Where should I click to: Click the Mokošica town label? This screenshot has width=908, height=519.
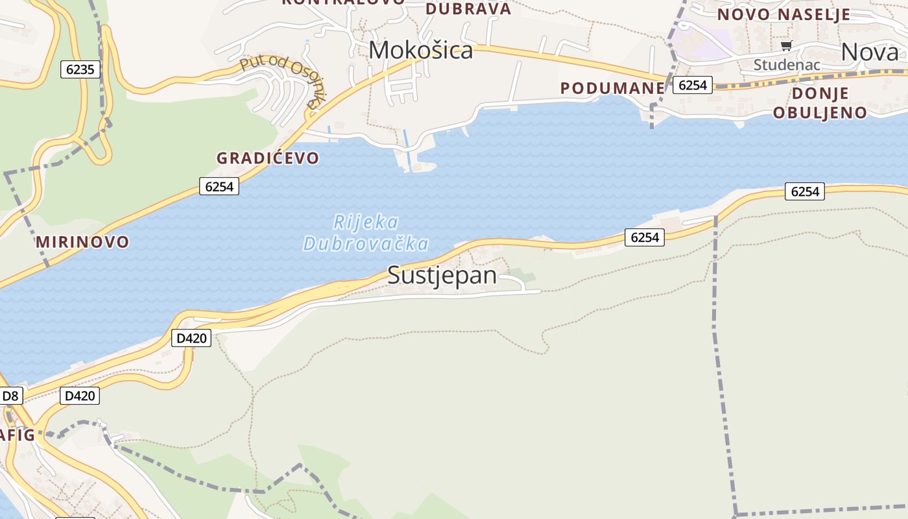point(421,51)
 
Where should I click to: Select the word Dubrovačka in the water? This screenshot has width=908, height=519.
point(366,244)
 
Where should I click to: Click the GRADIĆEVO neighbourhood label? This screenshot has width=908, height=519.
point(268,158)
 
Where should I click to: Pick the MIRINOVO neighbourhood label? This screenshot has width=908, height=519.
point(82,243)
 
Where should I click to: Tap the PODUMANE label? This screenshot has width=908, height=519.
point(612,89)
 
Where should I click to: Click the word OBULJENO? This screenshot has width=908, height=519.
point(820,113)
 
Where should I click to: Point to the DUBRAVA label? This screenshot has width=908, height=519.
point(468,9)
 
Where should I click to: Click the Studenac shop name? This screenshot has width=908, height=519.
point(787,65)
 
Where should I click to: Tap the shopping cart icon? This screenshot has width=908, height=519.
point(787,45)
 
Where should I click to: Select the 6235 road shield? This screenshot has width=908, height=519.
point(80,69)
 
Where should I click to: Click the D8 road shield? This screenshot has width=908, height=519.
point(11,396)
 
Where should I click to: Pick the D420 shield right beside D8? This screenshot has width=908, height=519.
point(80,396)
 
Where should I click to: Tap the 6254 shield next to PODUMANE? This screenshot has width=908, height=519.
point(692,85)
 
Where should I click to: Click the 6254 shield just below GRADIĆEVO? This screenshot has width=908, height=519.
point(219,187)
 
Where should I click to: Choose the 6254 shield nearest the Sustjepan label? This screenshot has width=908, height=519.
point(645,237)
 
